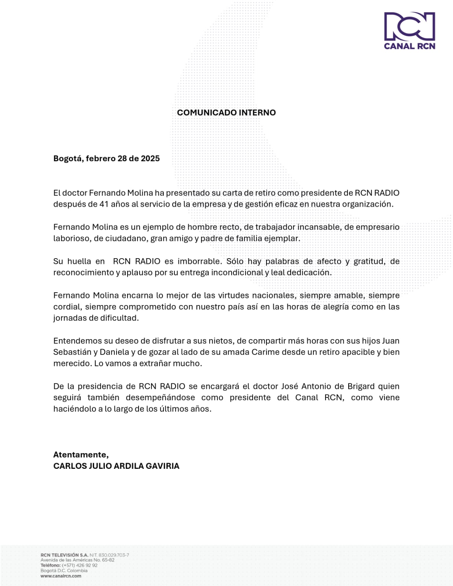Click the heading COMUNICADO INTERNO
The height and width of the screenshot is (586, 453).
click(x=226, y=112)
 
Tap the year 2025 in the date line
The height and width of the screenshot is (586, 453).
click(x=150, y=159)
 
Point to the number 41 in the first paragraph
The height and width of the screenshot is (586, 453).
click(x=104, y=204)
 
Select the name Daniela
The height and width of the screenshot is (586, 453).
click(x=114, y=352)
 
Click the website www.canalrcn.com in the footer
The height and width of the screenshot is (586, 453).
click(x=61, y=576)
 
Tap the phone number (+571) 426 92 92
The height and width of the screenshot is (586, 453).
click(x=80, y=565)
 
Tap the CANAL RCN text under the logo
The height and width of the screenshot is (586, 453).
click(x=409, y=46)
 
